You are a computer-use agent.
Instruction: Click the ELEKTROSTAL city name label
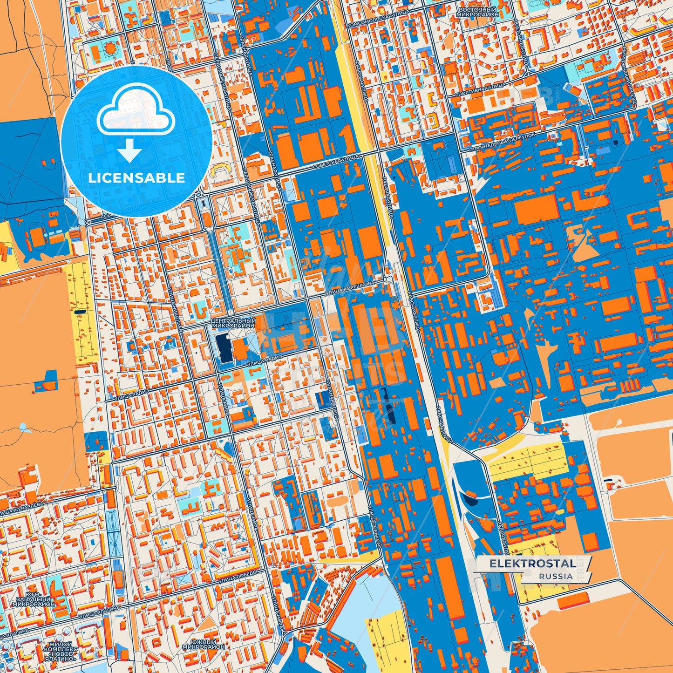(532, 564)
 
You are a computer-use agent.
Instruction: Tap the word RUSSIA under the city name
(556, 576)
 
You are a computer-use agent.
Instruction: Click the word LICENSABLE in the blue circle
(136, 178)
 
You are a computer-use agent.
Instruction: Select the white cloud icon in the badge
(136, 111)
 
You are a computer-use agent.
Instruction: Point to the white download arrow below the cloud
(129, 150)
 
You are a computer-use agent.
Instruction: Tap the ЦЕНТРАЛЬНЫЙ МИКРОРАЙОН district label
(233, 323)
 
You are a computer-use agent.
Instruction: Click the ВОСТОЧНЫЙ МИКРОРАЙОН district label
(477, 12)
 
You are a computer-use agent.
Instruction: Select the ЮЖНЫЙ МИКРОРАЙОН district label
(203, 644)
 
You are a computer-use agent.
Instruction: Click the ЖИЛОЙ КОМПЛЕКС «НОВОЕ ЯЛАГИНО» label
(61, 651)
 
